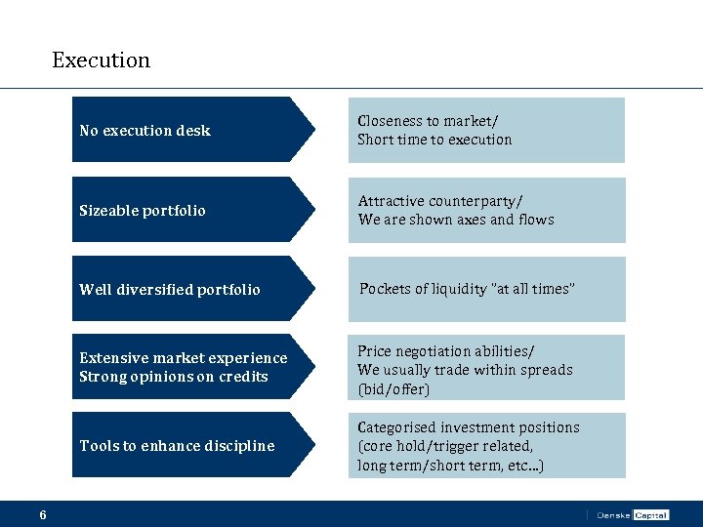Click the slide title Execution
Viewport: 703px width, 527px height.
101,61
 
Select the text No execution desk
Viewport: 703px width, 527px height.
145,131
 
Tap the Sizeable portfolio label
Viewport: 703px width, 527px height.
143,211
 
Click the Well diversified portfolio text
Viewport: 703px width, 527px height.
170,290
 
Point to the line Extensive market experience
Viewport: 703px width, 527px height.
184,358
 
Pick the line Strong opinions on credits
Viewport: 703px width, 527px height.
174,377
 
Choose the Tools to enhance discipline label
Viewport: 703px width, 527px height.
177,446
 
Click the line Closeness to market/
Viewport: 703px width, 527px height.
428,121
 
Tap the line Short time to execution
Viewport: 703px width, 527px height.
434,140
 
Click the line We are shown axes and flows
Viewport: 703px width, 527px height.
456,220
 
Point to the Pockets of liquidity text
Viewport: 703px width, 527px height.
467,289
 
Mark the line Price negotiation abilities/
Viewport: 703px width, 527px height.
445,351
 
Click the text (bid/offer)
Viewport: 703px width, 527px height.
393,389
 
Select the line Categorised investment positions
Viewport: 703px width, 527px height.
469,427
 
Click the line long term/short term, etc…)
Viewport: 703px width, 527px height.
451,466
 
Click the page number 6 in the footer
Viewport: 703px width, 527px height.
43,514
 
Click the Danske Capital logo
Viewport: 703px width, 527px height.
632,514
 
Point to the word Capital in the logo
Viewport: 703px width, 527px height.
650,514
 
